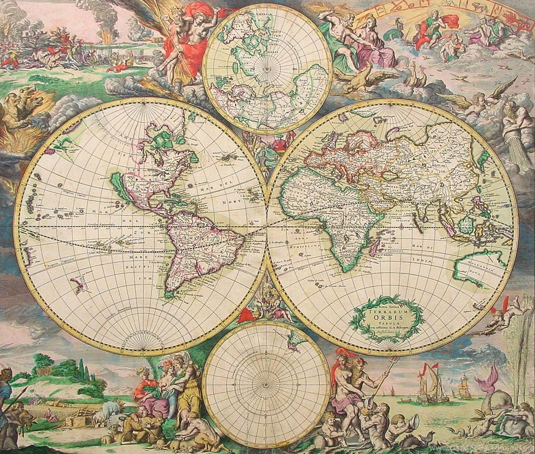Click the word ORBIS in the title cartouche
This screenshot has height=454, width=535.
click(x=387, y=315)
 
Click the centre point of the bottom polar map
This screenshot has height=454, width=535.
click(x=265, y=385)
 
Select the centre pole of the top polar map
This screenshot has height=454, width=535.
click(x=267, y=68)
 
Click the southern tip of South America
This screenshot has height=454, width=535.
click(x=168, y=295)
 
